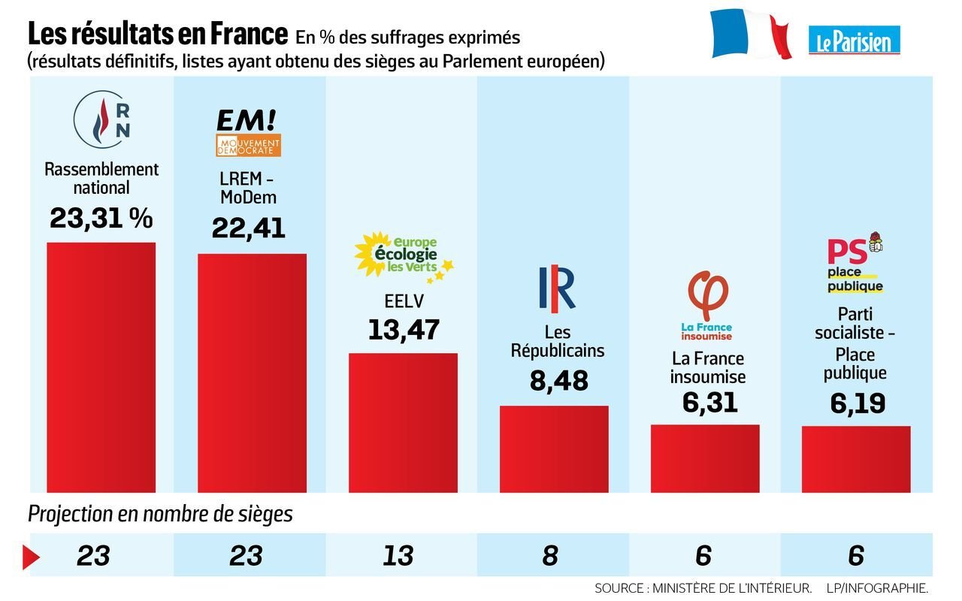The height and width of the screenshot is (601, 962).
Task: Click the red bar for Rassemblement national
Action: (x=101, y=367)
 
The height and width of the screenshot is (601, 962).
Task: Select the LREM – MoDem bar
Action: (x=252, y=373)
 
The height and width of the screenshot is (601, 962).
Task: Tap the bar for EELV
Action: (x=403, y=422)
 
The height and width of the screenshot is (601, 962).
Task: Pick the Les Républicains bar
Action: (x=554, y=448)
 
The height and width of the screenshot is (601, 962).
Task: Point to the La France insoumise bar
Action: (x=705, y=458)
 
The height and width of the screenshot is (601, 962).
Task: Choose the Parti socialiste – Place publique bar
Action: (x=856, y=459)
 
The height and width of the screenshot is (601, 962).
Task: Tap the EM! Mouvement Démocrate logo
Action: (x=248, y=132)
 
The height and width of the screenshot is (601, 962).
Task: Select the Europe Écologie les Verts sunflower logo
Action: (x=404, y=255)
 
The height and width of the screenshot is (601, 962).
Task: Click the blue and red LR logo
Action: (x=557, y=288)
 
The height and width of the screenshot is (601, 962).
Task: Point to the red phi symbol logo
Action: (x=707, y=297)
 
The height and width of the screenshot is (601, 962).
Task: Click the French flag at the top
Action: (x=751, y=35)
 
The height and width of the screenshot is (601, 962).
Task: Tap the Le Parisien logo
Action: (x=855, y=40)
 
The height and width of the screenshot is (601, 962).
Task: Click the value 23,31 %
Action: (x=101, y=219)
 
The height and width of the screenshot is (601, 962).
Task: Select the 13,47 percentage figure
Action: (x=404, y=330)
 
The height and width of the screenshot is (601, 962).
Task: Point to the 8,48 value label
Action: (x=558, y=380)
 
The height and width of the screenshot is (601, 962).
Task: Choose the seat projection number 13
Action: (x=398, y=556)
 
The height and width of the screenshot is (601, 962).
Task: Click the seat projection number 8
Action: (x=549, y=556)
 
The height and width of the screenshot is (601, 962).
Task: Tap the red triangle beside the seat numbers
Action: (x=31, y=556)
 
